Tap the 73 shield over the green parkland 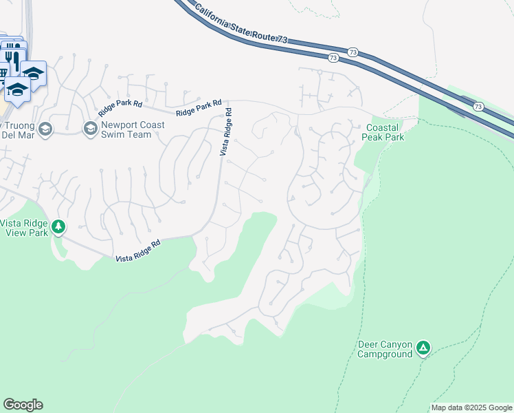click(479, 107)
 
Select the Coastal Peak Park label click(384, 132)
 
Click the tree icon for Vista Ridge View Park click(58, 226)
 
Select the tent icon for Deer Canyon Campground click(424, 348)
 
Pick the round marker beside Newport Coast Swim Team click(90, 129)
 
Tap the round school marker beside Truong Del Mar click(45, 129)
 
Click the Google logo click(23, 405)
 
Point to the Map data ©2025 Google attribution click(471, 407)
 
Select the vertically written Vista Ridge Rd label click(226, 131)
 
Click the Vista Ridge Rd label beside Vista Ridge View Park click(137, 251)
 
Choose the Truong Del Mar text click(17, 129)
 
